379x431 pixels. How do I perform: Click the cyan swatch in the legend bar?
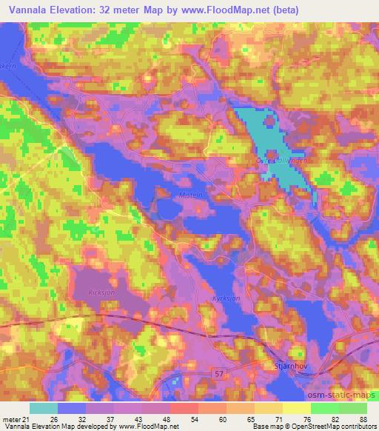(x=44, y=408)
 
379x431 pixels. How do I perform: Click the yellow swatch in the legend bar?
(x=296, y=408)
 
